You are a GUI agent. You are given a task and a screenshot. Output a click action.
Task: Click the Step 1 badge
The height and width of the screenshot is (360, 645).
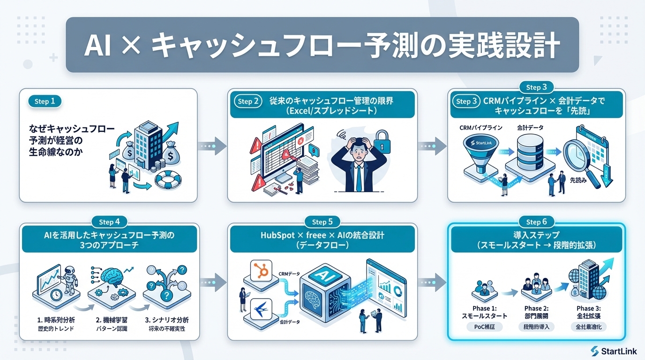pyautogui.click(x=45, y=101)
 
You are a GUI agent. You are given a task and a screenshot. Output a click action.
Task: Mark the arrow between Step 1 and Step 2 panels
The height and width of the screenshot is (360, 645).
pyautogui.click(x=212, y=146)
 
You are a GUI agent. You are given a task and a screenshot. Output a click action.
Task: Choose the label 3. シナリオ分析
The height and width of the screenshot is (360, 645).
pyautogui.click(x=166, y=320)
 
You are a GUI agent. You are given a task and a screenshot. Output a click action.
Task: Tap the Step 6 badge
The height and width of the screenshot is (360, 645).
pyautogui.click(x=533, y=222)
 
